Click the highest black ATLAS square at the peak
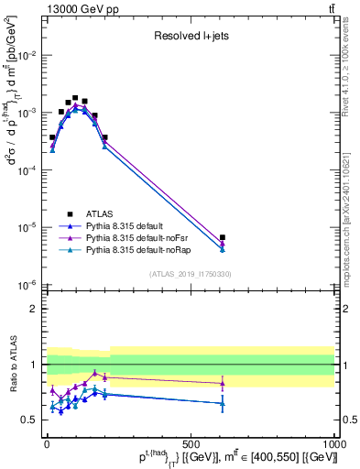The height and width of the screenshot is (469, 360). click(x=75, y=97)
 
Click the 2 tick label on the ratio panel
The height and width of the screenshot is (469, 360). click(x=33, y=309)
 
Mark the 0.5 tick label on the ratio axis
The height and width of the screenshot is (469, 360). click(x=29, y=420)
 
